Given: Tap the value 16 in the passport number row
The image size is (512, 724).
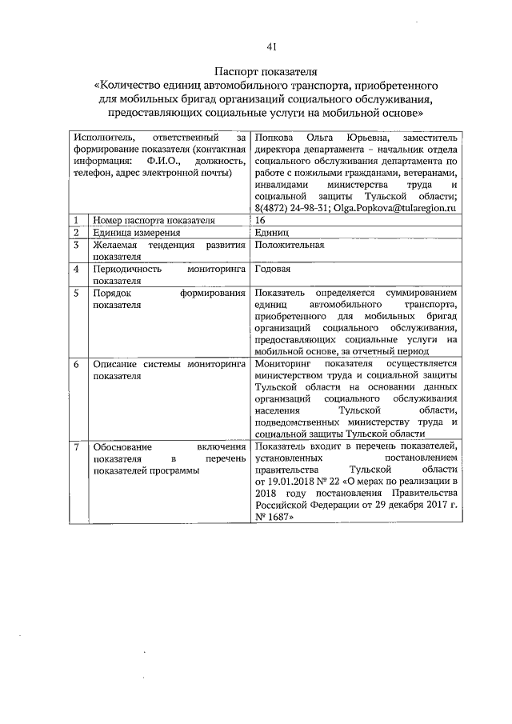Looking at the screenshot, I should click(x=260, y=220).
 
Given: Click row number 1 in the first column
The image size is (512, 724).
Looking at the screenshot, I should click(x=75, y=220).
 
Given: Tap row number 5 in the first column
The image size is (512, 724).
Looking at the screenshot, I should click(x=75, y=294).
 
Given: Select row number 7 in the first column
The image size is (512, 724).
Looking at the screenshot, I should click(x=75, y=446).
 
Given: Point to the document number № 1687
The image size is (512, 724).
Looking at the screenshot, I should click(x=269, y=518).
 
